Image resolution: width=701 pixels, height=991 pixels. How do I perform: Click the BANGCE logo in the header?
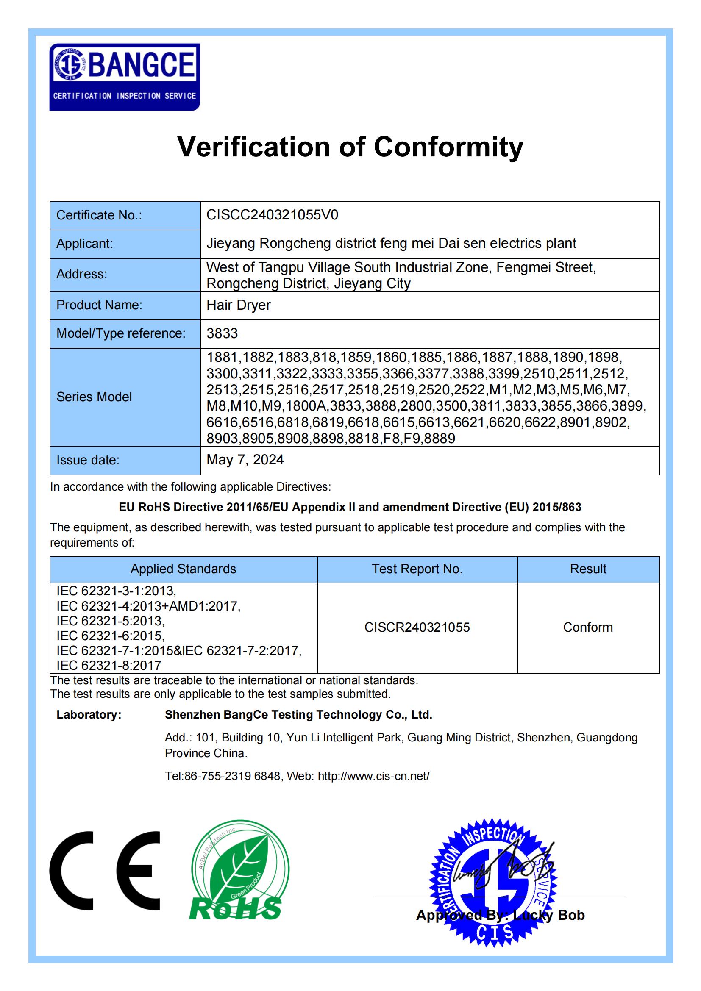(x=124, y=77)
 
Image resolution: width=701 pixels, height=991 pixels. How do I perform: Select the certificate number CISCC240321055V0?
(x=273, y=215)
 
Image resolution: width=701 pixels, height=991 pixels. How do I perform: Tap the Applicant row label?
(x=85, y=244)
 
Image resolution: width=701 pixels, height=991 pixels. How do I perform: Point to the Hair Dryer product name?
(x=238, y=305)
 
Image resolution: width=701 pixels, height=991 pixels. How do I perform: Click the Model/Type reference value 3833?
(x=222, y=333)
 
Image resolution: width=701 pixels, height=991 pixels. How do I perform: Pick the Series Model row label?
(x=94, y=397)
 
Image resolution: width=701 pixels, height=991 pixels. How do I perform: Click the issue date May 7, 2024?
(x=245, y=460)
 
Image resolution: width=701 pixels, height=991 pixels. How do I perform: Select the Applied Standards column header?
(x=184, y=569)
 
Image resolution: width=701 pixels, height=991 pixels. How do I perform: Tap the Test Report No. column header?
(x=417, y=569)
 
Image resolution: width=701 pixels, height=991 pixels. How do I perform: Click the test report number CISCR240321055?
(x=417, y=627)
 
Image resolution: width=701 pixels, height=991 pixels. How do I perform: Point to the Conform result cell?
(x=588, y=627)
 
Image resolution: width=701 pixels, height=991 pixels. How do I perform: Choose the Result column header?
(x=588, y=569)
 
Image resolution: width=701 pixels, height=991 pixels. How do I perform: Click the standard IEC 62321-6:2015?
(x=111, y=636)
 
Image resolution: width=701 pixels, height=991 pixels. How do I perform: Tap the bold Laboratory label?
(x=89, y=715)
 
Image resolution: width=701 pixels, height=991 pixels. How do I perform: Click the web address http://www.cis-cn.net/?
(x=373, y=776)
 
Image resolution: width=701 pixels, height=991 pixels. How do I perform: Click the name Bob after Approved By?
(x=571, y=916)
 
